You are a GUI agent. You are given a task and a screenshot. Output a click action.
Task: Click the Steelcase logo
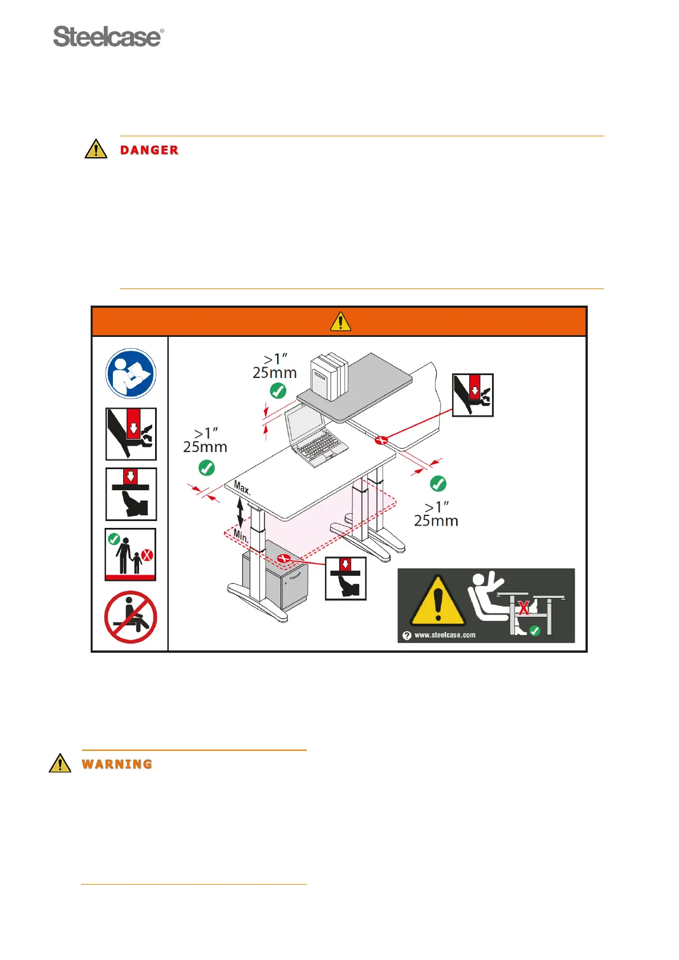[108, 37]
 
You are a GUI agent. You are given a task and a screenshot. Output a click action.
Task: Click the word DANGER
[149, 150]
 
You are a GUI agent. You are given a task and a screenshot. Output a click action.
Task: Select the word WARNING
[117, 764]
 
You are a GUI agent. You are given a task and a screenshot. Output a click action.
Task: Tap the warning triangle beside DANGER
[96, 149]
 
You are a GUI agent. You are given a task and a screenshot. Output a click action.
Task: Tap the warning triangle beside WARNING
[60, 763]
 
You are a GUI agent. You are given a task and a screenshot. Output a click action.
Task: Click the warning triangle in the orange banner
[340, 322]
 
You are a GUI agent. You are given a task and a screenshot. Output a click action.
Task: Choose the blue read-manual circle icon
[131, 373]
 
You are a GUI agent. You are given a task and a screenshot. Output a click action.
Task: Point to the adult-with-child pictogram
[131, 555]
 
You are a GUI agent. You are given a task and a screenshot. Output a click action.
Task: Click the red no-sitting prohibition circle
[131, 617]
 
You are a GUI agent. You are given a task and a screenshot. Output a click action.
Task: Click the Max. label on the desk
[242, 488]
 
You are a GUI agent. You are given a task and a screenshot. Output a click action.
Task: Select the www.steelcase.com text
[445, 635]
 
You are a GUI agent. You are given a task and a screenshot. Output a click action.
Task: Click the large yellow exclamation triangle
[437, 601]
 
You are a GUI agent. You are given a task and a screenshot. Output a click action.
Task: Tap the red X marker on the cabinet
[284, 559]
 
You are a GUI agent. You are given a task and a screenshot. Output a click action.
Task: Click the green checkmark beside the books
[278, 391]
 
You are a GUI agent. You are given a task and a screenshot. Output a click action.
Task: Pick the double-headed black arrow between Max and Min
[240, 512]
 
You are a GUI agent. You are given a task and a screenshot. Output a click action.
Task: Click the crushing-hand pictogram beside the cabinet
[345, 579]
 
